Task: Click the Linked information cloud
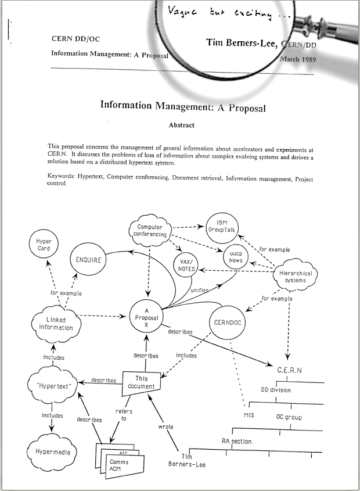coord(53,323)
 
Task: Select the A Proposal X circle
coord(147,318)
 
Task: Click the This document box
coord(141,382)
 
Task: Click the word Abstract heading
coord(181,125)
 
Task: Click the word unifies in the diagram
coord(200,290)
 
